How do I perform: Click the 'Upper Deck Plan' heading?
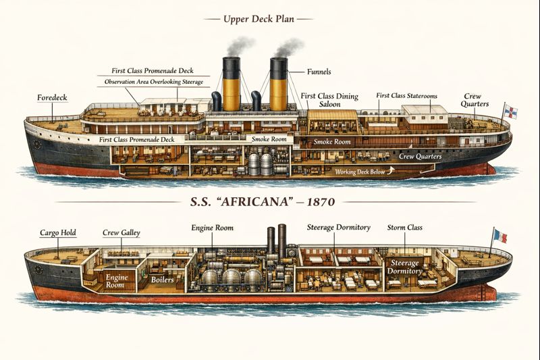pyautogui.click(x=259, y=19)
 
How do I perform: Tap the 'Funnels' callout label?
pyautogui.click(x=319, y=72)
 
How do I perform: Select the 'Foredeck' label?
pyautogui.click(x=52, y=98)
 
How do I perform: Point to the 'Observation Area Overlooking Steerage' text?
pyautogui.click(x=154, y=82)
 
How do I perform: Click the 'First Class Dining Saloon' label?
pyautogui.click(x=329, y=100)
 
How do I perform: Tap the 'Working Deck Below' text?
pyautogui.click(x=360, y=172)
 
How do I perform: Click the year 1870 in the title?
pyautogui.click(x=321, y=202)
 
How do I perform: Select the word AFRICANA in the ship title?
pyautogui.click(x=254, y=202)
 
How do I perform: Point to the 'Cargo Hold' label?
pyautogui.click(x=58, y=233)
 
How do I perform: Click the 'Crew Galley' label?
pyautogui.click(x=122, y=233)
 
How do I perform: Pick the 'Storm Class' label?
pyautogui.click(x=404, y=228)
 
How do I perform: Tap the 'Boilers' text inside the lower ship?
pyautogui.click(x=162, y=280)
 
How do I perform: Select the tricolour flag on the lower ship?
pyautogui.click(x=500, y=236)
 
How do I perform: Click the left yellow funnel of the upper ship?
pyautogui.click(x=231, y=84)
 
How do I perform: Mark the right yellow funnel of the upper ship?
pyautogui.click(x=279, y=84)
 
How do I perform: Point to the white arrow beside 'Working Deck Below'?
pyautogui.click(x=390, y=170)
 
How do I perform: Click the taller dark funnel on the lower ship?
pyautogui.click(x=282, y=241)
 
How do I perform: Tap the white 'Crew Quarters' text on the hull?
pyautogui.click(x=420, y=157)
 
